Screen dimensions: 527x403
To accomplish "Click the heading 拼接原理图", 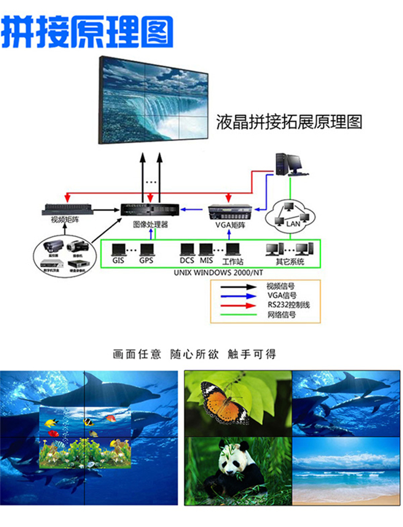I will coord(87,32).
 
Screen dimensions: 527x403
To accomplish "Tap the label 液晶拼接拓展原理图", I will coord(289,123).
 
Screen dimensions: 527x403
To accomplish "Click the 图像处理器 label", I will coord(150,224).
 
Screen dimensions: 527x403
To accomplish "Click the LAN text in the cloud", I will coord(293,223).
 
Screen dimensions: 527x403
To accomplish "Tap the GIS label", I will coord(118,261).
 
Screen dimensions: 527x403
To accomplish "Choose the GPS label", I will coord(146,261).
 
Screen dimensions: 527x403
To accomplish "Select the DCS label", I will coord(188,261).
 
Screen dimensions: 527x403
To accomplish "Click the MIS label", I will coord(206,261).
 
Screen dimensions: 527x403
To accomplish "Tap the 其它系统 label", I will coord(290,261).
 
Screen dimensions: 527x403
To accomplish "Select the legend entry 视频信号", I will coord(281,286).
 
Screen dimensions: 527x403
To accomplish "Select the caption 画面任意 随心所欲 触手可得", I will coord(202,354).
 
